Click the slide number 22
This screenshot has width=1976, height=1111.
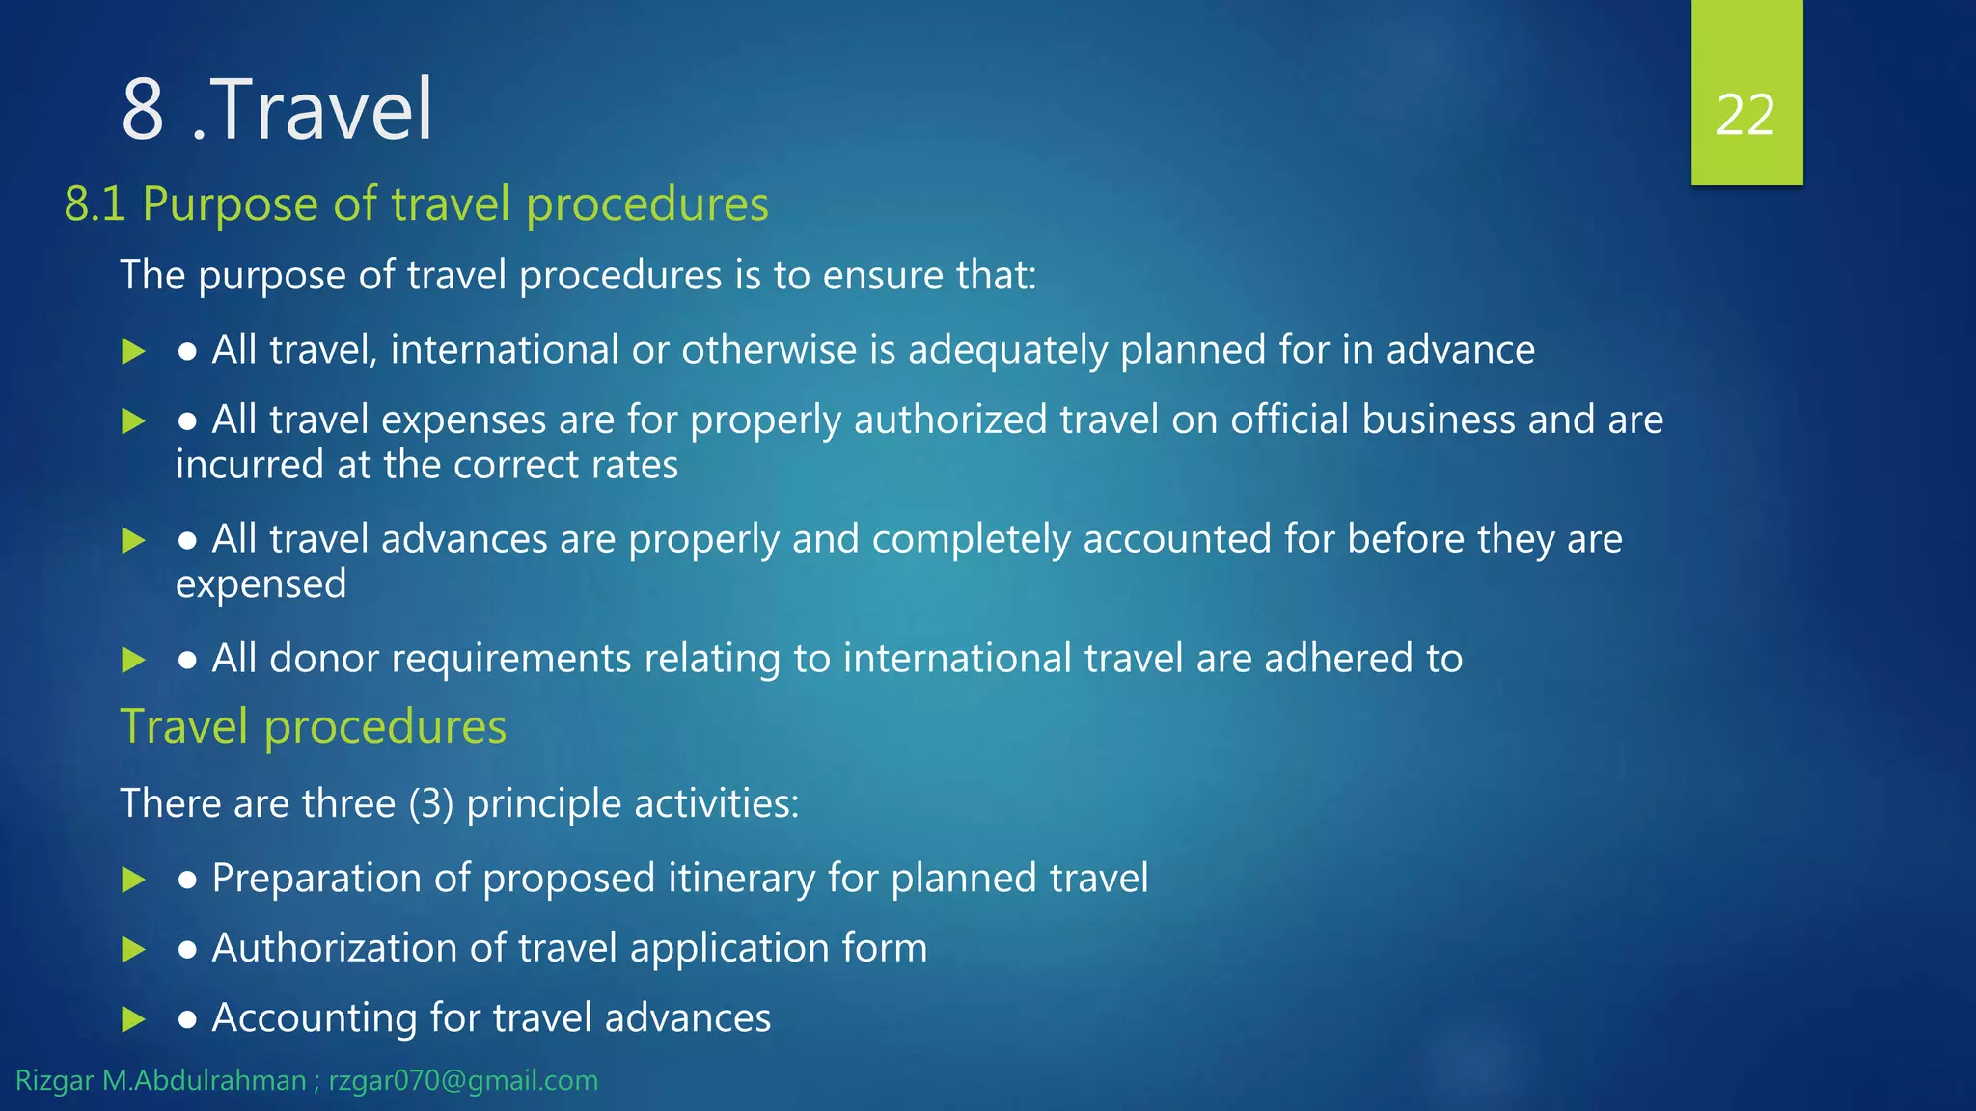tap(1745, 116)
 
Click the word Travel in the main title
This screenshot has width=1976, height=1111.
tap(321, 110)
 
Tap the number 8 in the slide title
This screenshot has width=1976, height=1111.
tap(143, 110)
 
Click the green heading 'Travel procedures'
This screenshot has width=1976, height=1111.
tap(313, 726)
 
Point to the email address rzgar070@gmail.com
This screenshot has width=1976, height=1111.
tap(463, 1080)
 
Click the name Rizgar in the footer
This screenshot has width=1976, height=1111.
tap(55, 1080)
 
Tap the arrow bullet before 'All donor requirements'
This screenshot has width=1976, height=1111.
tap(133, 661)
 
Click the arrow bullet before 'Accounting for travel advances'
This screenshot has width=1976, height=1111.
tap(133, 1019)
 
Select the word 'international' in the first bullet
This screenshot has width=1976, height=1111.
tap(505, 349)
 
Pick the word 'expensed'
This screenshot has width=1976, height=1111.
tap(261, 584)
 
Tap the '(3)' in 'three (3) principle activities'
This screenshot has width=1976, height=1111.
tap(430, 803)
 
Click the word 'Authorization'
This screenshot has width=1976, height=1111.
tap(334, 948)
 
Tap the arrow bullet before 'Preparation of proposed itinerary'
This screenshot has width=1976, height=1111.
tap(133, 880)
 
